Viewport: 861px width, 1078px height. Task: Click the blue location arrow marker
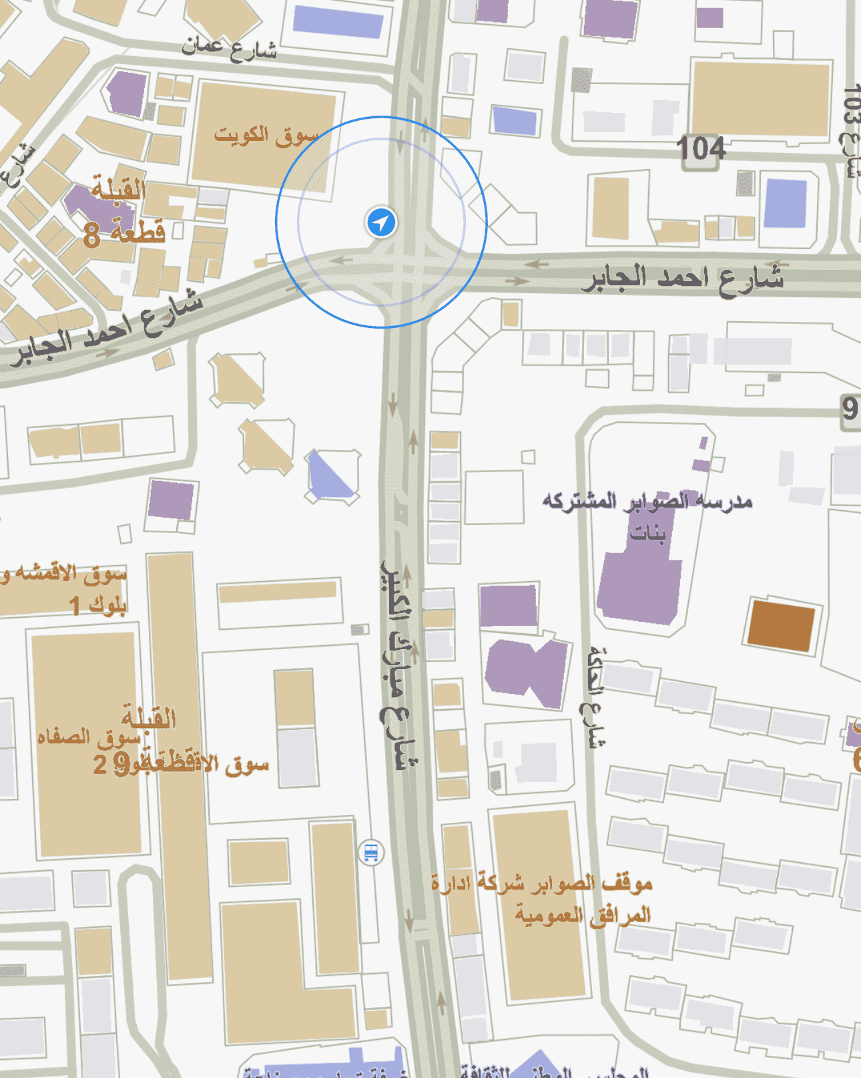point(381,222)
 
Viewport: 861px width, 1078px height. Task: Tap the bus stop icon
point(371,853)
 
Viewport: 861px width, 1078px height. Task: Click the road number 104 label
point(700,148)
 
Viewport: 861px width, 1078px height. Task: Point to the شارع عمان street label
point(228,48)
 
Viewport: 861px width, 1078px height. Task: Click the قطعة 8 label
point(124,233)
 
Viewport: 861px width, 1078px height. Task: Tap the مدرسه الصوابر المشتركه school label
point(647,501)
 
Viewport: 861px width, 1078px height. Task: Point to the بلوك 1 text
point(98,605)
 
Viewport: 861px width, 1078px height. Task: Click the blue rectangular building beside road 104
point(786,203)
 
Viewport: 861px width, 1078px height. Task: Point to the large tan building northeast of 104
point(760,98)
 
